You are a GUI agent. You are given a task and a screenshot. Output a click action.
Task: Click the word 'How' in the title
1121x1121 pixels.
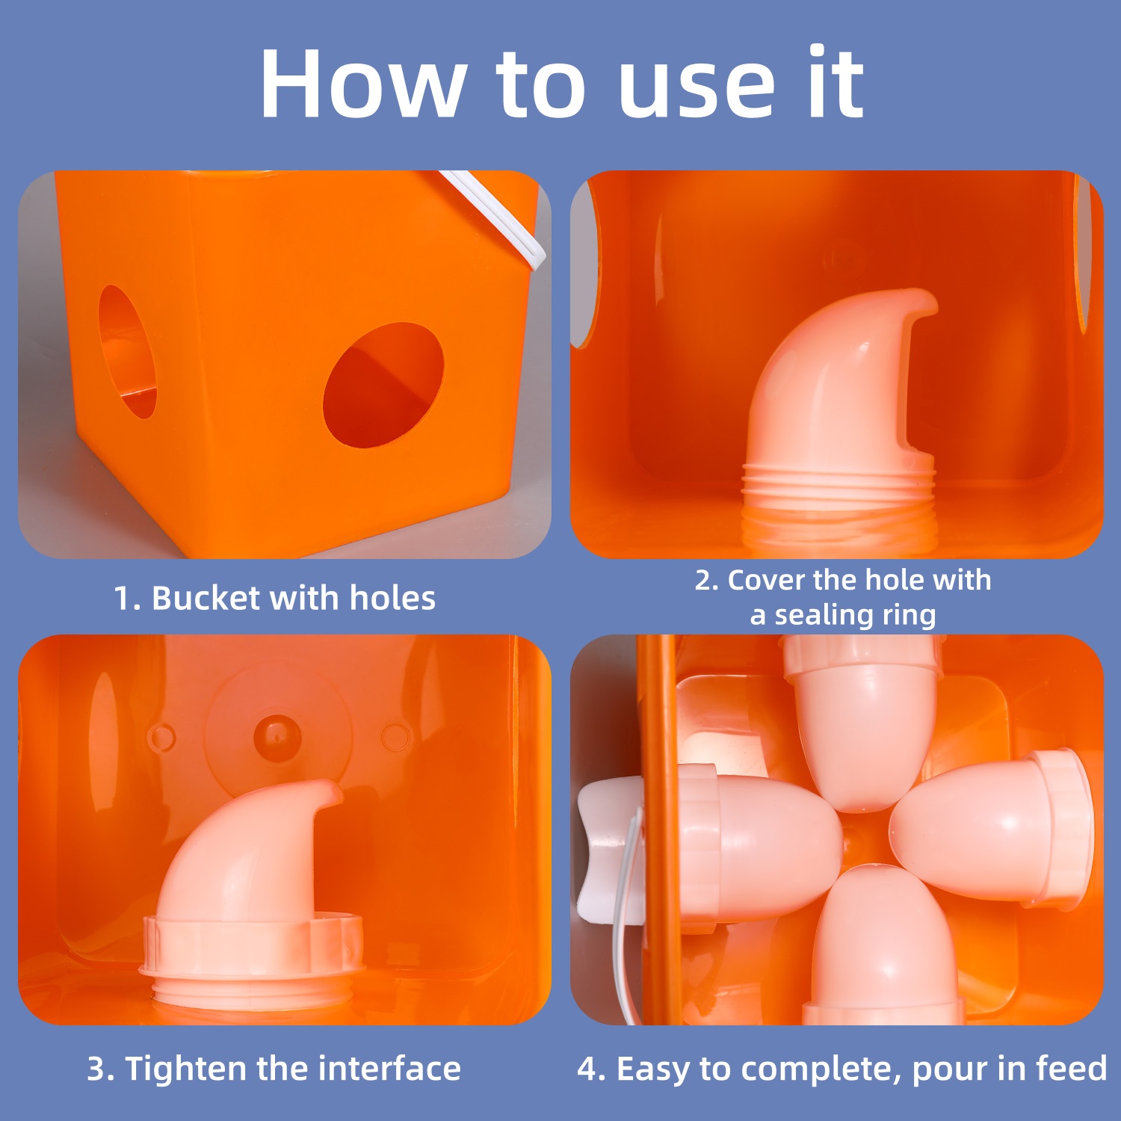362,84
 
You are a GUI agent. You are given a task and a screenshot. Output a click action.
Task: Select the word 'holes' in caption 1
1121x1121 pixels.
392,598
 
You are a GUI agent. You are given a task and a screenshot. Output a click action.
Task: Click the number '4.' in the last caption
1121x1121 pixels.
591,1069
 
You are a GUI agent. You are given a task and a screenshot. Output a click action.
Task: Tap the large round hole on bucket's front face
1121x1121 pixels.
383,386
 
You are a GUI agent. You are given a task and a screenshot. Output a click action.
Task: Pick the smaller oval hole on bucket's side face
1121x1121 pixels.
127,351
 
